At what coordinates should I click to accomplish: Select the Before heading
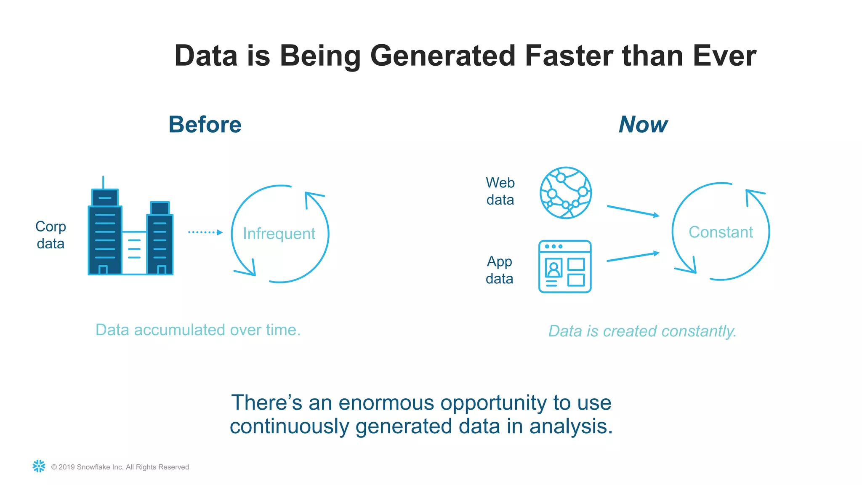tap(205, 125)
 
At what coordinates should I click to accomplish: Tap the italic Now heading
tap(643, 125)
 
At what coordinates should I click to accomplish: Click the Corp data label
tap(51, 235)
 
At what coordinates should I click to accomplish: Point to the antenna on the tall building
tap(103, 182)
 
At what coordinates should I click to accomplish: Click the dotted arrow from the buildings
tap(205, 232)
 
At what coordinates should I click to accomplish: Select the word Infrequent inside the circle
tap(279, 234)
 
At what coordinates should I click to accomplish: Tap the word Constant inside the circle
tap(721, 232)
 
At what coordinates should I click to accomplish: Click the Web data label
tap(500, 191)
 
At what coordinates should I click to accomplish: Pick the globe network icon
tap(566, 193)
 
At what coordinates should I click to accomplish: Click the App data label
tap(500, 270)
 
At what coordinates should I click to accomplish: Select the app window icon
tap(565, 266)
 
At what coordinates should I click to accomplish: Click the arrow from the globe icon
tap(633, 211)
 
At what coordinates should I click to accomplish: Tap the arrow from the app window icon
tap(633, 257)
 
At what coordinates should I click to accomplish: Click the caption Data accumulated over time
tap(198, 330)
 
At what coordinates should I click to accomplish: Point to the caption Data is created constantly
tap(642, 331)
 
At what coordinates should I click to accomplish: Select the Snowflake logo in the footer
tap(39, 466)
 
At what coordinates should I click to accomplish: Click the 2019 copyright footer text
tap(120, 467)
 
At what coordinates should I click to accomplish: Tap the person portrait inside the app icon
tap(553, 268)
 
